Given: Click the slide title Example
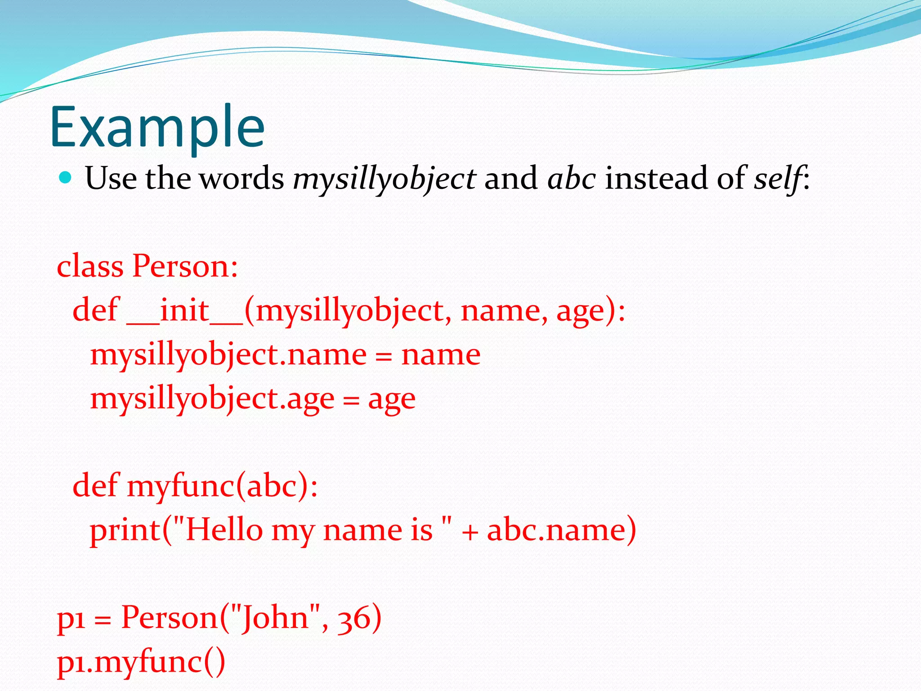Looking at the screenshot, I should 157,127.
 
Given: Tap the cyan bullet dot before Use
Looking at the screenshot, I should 66,178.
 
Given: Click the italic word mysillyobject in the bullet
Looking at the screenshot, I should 384,179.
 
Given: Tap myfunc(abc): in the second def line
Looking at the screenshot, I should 222,486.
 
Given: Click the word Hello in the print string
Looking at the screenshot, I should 224,529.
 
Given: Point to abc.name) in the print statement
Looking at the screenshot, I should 561,529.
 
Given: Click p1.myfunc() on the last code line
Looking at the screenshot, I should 141,661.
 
